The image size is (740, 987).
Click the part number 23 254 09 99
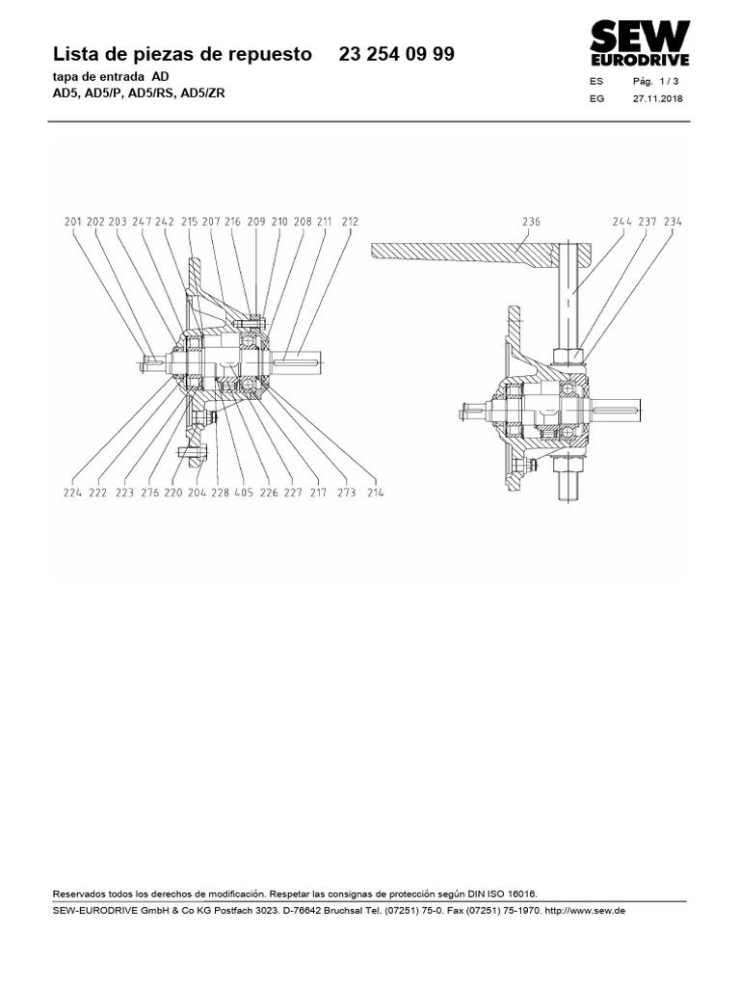[x=397, y=55]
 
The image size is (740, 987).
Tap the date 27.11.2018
[x=657, y=99]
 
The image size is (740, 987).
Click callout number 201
[x=73, y=221]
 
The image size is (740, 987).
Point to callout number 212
[x=349, y=221]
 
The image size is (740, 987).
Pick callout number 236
[x=531, y=221]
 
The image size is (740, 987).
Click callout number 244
[x=622, y=221]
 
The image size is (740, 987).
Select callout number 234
[x=673, y=221]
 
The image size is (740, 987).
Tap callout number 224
[x=73, y=492]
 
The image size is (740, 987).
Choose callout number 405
[x=244, y=492]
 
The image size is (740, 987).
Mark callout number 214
[x=374, y=492]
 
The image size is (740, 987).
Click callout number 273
[x=347, y=492]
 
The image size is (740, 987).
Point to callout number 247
[x=144, y=221]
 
